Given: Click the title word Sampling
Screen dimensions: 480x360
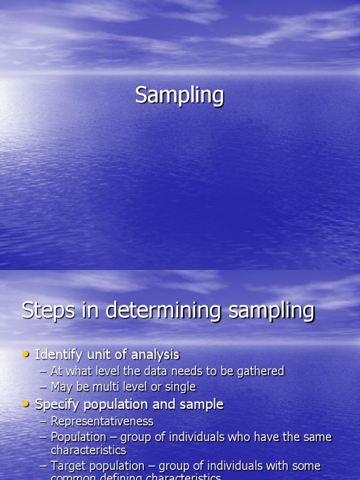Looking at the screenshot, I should (180, 96).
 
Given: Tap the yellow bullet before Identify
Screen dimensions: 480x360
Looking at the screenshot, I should (26, 354).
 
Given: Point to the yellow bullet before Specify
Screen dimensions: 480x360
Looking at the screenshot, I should (26, 404).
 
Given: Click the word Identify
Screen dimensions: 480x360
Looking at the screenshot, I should (55, 355).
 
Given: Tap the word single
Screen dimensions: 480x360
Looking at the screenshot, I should (180, 387).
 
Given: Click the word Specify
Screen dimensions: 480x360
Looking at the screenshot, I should (57, 405).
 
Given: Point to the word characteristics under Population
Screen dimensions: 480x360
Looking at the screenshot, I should (89, 450).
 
